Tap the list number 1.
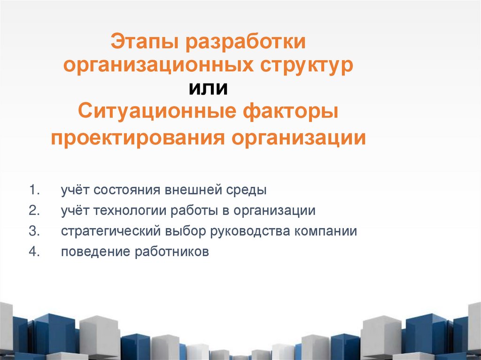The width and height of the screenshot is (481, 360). [33, 191]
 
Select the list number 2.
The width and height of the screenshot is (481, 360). [33, 211]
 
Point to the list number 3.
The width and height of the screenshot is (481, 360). [33, 231]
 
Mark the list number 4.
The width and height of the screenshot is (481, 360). [33, 252]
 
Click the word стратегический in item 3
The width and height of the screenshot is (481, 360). [111, 231]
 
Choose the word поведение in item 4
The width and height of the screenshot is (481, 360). [95, 252]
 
